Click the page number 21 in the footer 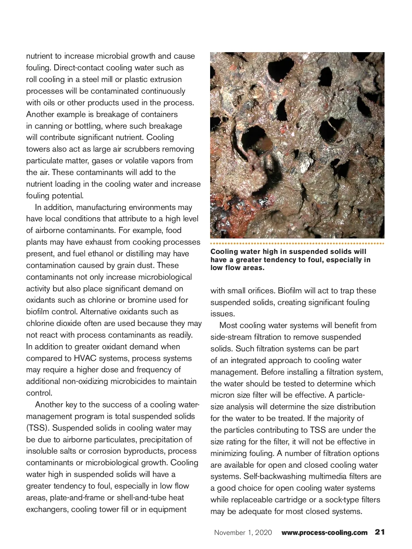coord(379,532)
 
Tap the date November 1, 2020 coord(243,533)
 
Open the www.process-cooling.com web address coord(324,533)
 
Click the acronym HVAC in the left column coord(85,358)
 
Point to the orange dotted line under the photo coord(297,244)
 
